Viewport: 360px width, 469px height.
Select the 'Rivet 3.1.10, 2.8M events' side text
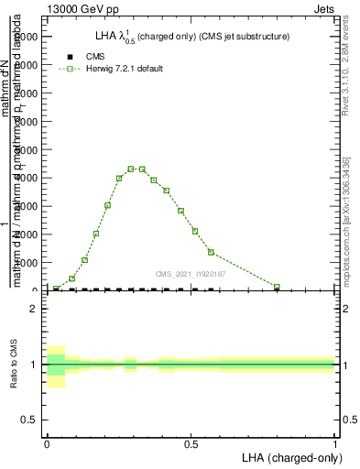(350, 70)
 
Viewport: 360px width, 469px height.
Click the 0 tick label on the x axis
(47, 443)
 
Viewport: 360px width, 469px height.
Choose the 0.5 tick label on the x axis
(191, 443)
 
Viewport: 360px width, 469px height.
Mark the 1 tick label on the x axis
(334, 443)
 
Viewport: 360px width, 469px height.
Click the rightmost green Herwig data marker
(277, 287)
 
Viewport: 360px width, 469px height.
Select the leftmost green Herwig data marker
(57, 289)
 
